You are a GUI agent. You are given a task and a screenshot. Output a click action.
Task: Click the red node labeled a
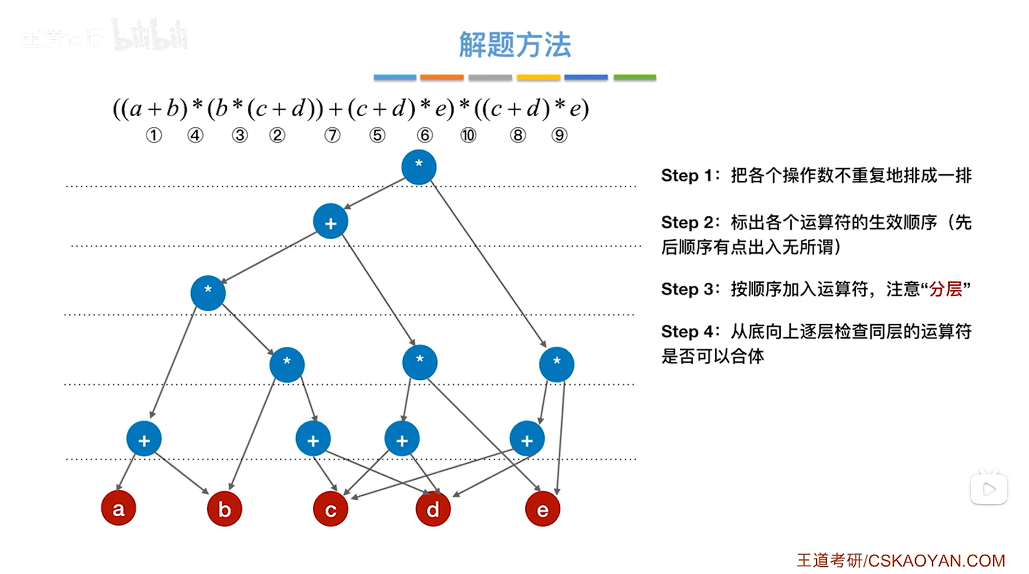[x=118, y=508]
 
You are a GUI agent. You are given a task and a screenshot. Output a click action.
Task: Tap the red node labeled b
[x=225, y=509]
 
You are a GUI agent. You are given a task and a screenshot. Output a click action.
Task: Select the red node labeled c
[x=330, y=509]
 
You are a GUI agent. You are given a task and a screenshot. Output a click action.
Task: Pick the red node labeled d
[x=433, y=509]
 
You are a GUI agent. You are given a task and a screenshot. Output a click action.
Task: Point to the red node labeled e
[x=543, y=509]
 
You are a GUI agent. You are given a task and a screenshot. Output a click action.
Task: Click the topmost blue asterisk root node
[x=418, y=167]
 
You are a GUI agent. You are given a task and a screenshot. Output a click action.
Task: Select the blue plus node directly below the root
[x=330, y=222]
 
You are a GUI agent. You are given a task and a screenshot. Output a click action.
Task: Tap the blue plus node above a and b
[x=144, y=439]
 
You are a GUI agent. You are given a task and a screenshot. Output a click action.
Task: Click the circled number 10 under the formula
[x=468, y=135]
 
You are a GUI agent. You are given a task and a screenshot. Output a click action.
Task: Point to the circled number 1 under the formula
[x=154, y=135]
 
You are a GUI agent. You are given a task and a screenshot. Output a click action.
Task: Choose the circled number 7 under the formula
[x=333, y=135]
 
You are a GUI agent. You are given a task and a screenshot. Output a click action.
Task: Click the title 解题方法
[x=515, y=44]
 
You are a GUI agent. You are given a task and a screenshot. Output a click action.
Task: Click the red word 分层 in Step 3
[x=945, y=289]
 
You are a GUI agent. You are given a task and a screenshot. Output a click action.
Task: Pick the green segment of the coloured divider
[x=635, y=78]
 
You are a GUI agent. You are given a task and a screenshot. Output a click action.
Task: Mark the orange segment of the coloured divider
[x=442, y=78]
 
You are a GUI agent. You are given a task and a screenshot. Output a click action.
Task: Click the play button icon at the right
[x=989, y=489]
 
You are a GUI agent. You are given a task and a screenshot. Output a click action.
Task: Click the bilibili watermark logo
[x=150, y=37]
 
